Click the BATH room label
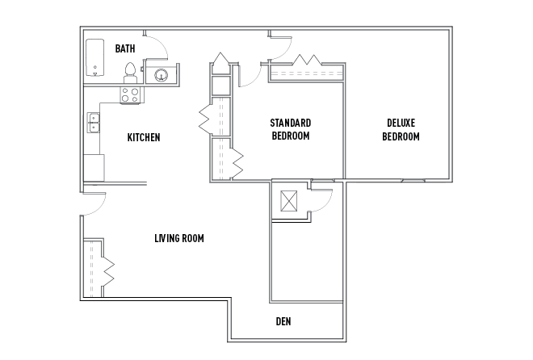[x=125, y=48]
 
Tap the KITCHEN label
[x=144, y=137]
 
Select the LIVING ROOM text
[x=179, y=238]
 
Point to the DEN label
[x=283, y=321]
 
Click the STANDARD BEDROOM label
[x=291, y=129]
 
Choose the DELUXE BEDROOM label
[x=401, y=129]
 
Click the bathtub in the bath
[x=94, y=58]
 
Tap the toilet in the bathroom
[x=130, y=73]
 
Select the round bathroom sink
[x=162, y=75]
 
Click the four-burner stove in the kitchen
[x=130, y=94]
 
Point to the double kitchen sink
[x=94, y=122]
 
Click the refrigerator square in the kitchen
[x=94, y=168]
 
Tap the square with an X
[x=288, y=201]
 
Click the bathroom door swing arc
[x=162, y=43]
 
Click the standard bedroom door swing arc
[x=255, y=80]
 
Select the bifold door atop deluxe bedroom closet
[x=308, y=60]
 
